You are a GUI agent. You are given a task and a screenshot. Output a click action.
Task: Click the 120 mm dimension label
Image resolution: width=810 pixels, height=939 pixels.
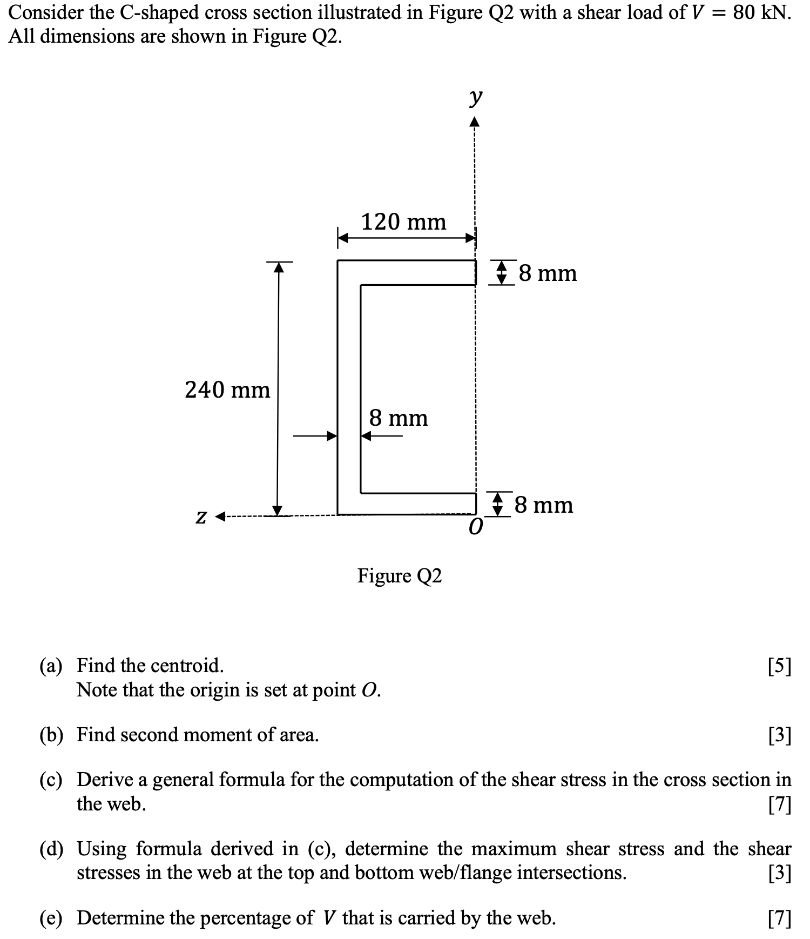click(x=403, y=222)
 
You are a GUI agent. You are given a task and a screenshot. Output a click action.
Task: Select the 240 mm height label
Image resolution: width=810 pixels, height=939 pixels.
click(x=227, y=390)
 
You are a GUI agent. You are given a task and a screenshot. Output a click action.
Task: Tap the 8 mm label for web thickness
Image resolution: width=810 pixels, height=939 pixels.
click(x=399, y=418)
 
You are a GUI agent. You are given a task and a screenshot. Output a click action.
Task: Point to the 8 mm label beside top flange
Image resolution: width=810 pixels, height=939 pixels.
click(x=548, y=273)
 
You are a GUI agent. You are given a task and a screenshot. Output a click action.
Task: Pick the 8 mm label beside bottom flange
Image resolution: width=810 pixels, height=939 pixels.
click(x=544, y=505)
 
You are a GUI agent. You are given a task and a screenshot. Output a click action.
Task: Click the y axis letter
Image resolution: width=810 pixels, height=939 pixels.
click(x=475, y=97)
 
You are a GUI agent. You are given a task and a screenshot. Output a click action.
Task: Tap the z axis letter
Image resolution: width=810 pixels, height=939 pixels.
click(x=200, y=517)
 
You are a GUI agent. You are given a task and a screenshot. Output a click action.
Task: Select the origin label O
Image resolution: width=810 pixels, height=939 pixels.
click(x=475, y=527)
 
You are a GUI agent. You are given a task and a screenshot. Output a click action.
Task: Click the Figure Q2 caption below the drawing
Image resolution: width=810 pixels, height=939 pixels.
click(x=400, y=576)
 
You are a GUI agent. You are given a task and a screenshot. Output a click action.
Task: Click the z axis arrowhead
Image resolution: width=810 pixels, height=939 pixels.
click(x=220, y=517)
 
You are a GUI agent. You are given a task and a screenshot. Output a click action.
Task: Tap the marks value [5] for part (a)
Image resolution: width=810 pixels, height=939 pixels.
click(x=779, y=667)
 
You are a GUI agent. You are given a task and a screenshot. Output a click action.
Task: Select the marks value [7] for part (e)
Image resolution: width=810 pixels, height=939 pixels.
click(x=779, y=918)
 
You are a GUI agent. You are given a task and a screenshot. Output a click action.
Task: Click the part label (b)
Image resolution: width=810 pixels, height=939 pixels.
click(x=51, y=735)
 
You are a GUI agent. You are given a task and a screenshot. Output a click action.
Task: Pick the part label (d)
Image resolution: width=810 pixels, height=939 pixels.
click(x=51, y=849)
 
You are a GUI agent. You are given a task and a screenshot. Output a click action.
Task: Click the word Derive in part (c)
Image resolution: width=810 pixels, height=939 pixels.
click(x=104, y=780)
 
